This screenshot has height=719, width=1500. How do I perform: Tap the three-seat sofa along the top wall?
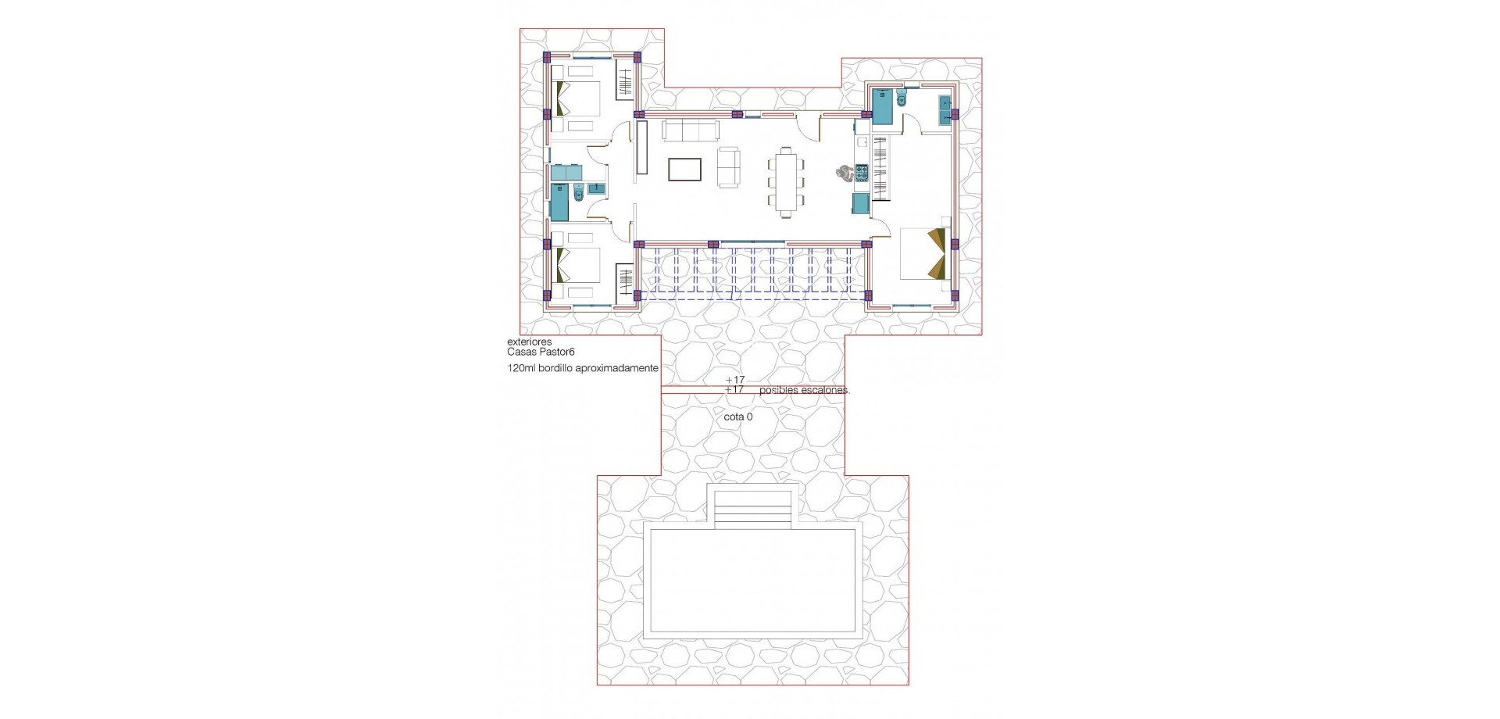tap(691, 130)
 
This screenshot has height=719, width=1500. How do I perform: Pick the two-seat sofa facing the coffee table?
tap(728, 167)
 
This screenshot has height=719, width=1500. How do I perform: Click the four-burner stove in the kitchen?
tap(862, 173)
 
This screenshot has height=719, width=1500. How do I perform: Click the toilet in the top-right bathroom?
tap(902, 98)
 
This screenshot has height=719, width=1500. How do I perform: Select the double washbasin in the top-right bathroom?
tap(945, 110)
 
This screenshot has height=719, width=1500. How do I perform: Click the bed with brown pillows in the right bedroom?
tap(926, 253)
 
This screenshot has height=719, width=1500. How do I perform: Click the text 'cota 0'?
tap(738, 417)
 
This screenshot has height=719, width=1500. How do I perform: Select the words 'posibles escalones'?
tap(803, 390)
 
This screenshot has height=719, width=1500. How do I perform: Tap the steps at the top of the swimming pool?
tap(752, 512)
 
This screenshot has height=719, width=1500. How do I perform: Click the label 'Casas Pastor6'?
tap(541, 352)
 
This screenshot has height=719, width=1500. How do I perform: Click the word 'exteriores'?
tap(529, 342)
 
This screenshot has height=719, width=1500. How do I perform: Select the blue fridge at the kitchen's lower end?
tap(861, 203)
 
